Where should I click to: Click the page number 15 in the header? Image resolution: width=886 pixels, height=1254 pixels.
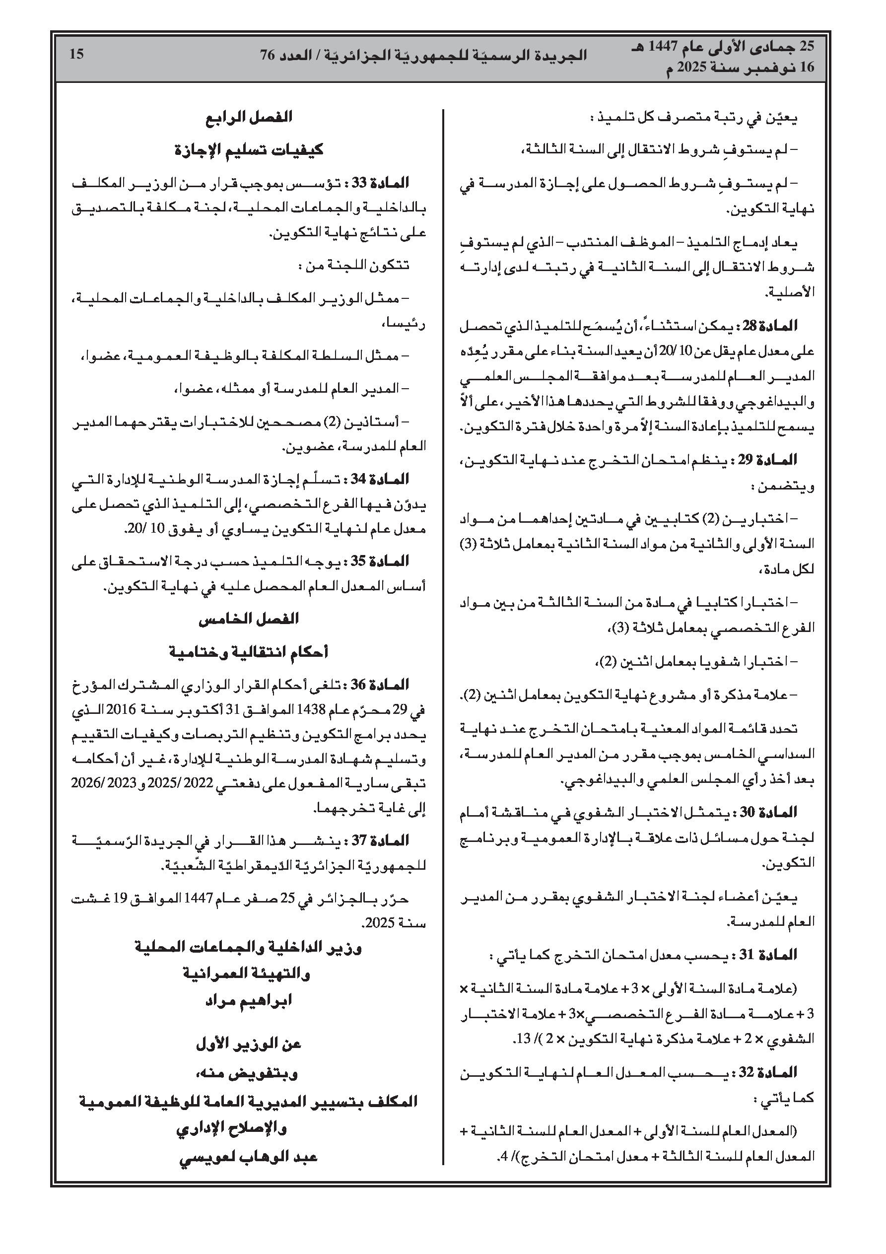click(76, 54)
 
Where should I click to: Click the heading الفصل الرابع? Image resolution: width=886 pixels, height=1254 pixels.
click(249, 118)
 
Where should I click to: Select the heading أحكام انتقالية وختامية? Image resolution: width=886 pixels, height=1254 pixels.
click(249, 652)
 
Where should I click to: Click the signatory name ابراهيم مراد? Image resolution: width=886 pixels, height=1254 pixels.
click(249, 1000)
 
